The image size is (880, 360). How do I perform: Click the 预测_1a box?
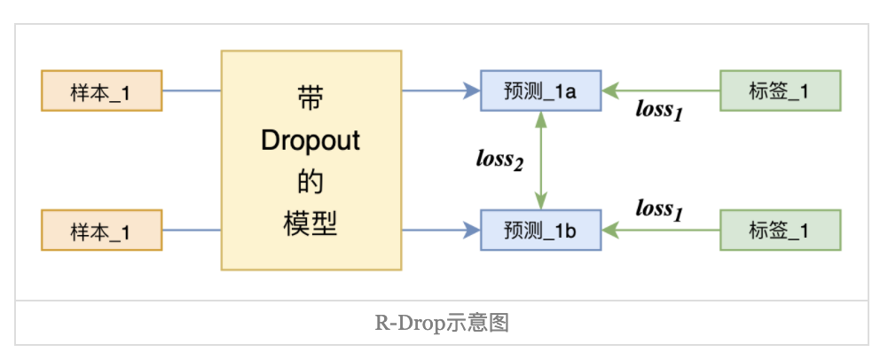(540, 90)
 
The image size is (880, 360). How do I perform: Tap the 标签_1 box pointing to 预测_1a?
(780, 90)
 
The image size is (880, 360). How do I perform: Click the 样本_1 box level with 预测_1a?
(101, 90)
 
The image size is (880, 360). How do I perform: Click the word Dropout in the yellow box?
(310, 142)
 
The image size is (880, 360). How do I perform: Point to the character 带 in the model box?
(310, 98)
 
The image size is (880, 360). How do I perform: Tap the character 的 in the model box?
(310, 184)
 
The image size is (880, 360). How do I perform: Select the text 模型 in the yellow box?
(310, 223)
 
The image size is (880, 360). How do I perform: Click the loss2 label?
(499, 160)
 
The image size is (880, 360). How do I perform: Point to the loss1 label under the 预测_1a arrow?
(660, 111)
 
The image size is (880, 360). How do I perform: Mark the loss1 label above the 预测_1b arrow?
(660, 210)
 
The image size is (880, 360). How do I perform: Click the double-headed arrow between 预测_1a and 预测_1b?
(540, 160)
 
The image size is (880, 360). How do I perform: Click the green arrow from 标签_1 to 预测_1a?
(661, 90)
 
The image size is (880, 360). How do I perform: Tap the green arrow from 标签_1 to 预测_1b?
(661, 231)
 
